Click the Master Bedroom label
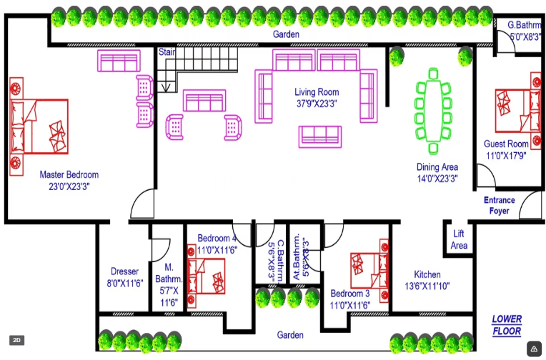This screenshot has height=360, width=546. pyautogui.click(x=69, y=174)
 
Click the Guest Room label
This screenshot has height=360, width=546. pyautogui.click(x=506, y=144)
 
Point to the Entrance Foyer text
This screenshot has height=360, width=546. pyautogui.click(x=499, y=206)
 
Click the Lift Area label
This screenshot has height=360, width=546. pyautogui.click(x=459, y=240)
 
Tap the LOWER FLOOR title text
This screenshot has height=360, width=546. pyautogui.click(x=507, y=325)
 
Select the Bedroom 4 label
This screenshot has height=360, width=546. pyautogui.click(x=217, y=238)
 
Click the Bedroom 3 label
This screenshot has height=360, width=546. pyautogui.click(x=349, y=294)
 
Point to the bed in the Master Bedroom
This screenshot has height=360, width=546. pyautogui.click(x=39, y=126)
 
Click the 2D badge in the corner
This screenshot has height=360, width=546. pyautogui.click(x=17, y=340)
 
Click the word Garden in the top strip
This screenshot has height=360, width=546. pyautogui.click(x=286, y=34)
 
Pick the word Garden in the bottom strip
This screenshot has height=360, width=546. pyautogui.click(x=290, y=334)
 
